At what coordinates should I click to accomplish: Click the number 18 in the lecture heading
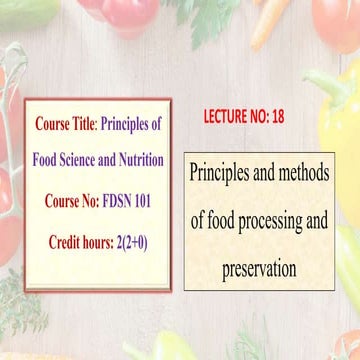click(x=277, y=117)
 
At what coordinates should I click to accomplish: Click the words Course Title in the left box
click(x=64, y=125)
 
